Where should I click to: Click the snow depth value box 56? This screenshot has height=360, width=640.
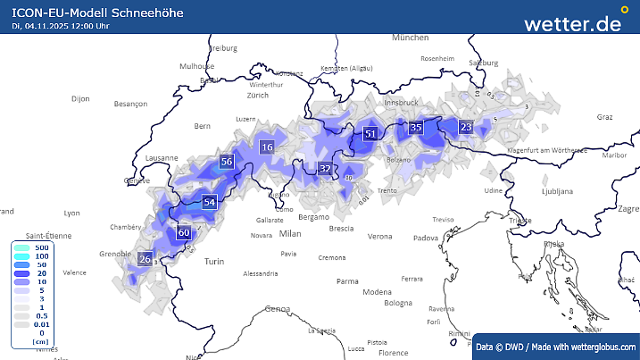pos(227,162)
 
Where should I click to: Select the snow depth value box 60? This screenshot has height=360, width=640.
pos(185,233)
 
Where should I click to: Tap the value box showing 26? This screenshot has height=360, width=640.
pos(145,259)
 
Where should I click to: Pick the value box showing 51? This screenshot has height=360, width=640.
pos(370,134)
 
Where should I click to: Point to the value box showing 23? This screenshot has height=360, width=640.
pos(465,127)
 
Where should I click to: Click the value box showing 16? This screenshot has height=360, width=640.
pos(267,147)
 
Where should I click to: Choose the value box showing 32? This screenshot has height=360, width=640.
pos(326,169)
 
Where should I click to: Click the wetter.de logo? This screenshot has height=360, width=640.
pos(572,24)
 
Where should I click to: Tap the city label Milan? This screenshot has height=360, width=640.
pos(290,233)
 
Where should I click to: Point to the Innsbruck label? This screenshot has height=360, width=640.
pos(401,103)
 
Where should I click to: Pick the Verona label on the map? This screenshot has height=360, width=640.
pos(380,237)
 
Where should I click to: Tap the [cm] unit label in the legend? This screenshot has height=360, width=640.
pos(39,341)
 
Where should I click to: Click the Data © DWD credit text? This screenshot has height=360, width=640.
pos(554,346)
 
